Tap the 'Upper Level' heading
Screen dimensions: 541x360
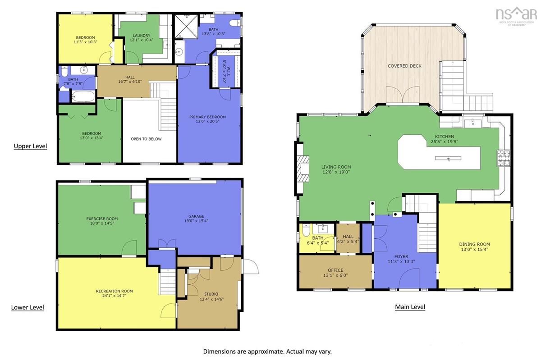coord(31,146)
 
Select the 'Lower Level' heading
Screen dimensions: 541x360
coord(28,307)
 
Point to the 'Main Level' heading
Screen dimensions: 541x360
coord(410,307)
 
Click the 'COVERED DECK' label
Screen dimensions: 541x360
coord(404,66)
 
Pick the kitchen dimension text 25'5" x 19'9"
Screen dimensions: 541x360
coord(445,142)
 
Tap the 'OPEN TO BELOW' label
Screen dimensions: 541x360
coord(146,139)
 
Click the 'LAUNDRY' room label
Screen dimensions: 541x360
coord(142,36)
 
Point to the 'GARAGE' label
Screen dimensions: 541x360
coord(197,216)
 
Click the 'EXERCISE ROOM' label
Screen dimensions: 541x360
coord(102,219)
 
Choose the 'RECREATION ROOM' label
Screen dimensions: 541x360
coord(115,291)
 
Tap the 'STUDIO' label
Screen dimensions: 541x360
coord(211,294)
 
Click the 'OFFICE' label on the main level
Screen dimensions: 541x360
coord(335,270)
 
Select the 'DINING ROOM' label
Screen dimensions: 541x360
coord(475,244)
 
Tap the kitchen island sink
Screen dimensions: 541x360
coord(448,159)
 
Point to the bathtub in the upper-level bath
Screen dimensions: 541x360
coord(83,96)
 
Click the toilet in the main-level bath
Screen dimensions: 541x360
coord(306,230)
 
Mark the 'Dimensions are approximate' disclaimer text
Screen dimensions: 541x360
coord(267,351)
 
